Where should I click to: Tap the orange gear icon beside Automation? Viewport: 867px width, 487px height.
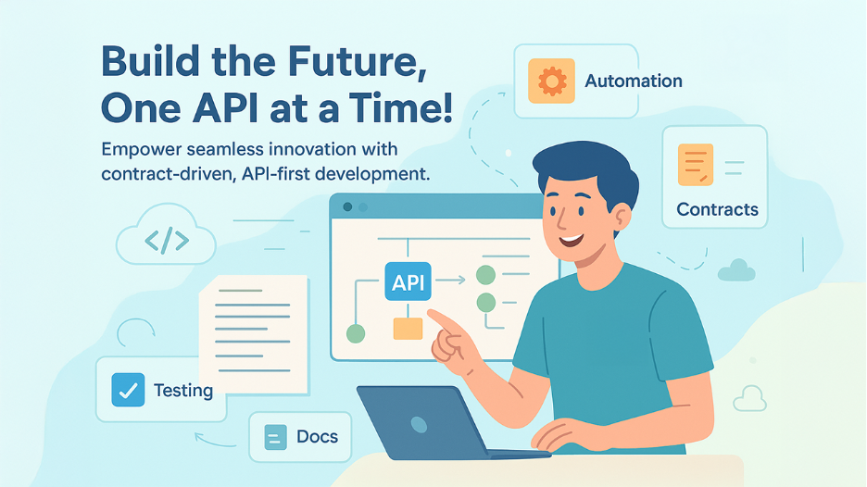(551, 81)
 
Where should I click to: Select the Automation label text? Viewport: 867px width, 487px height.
(634, 81)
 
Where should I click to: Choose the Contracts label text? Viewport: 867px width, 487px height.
(717, 209)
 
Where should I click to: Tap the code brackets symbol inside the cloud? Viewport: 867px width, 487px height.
(167, 241)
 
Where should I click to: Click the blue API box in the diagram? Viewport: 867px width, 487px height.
(408, 282)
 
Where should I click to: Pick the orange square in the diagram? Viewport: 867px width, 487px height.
(408, 328)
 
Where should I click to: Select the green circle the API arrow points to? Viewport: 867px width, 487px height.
(484, 275)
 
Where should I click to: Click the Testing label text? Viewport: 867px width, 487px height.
(183, 390)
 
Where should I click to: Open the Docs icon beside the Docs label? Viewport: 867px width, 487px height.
(276, 437)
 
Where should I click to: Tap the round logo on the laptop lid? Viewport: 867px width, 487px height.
(420, 423)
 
